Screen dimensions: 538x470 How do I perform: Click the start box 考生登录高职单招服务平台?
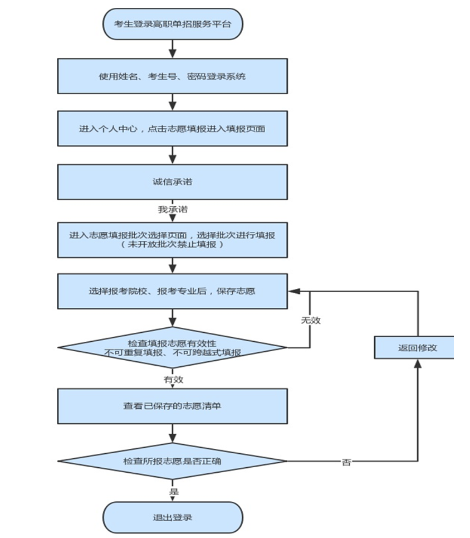click(173, 25)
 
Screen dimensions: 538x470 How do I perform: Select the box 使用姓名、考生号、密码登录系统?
click(173, 76)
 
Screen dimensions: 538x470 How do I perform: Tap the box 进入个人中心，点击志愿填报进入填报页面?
click(173, 128)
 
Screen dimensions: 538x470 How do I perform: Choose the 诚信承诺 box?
click(173, 182)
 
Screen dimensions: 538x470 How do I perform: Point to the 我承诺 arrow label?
click(173, 210)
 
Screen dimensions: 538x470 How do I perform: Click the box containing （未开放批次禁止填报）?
click(173, 240)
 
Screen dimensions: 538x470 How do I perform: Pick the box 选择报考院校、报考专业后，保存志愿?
click(173, 291)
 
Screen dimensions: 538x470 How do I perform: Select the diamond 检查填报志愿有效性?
click(173, 347)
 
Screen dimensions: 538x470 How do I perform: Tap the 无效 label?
click(311, 321)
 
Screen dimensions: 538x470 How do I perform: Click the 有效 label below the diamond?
click(173, 379)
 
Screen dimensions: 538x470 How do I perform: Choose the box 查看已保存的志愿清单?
click(173, 406)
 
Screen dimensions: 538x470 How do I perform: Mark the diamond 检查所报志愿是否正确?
click(173, 461)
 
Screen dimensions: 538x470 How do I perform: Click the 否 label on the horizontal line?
click(346, 462)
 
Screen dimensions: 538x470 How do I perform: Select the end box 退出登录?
click(173, 517)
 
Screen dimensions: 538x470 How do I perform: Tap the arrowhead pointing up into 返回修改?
click(417, 363)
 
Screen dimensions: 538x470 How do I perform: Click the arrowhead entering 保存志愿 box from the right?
click(293, 291)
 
